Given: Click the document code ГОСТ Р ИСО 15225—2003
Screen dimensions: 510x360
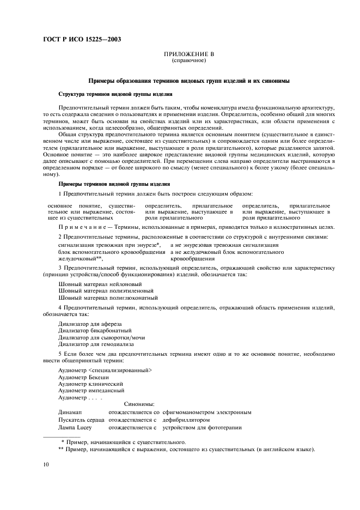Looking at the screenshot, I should click(82, 40).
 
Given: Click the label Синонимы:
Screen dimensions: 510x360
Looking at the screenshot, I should click(139, 404).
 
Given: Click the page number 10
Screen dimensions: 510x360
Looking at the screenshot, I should click(46, 464).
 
